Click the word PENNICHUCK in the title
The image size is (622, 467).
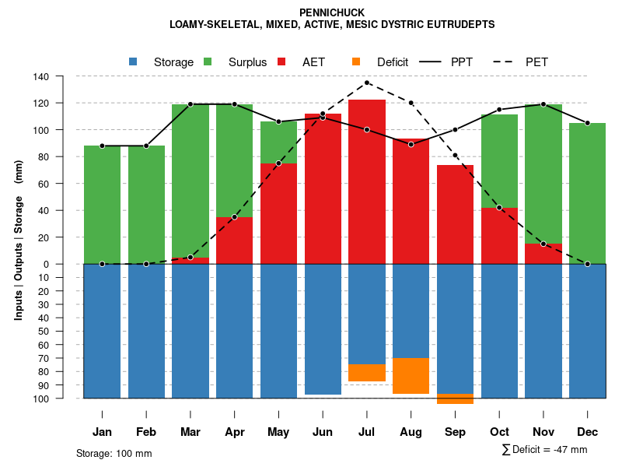[x=331, y=12]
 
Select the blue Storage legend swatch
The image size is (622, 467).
[x=134, y=62]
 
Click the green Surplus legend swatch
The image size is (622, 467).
[x=208, y=62]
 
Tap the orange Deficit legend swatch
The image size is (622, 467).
[x=356, y=62]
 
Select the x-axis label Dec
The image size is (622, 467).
[x=587, y=432]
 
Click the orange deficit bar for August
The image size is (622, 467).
[x=411, y=376]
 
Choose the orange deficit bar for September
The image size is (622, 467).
[x=455, y=399]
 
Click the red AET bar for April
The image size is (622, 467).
[x=234, y=241]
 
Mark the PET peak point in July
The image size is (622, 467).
[x=367, y=83]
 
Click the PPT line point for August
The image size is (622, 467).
[x=411, y=144]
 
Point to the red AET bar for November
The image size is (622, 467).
[x=543, y=254]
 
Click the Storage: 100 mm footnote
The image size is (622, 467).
[x=114, y=453]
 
